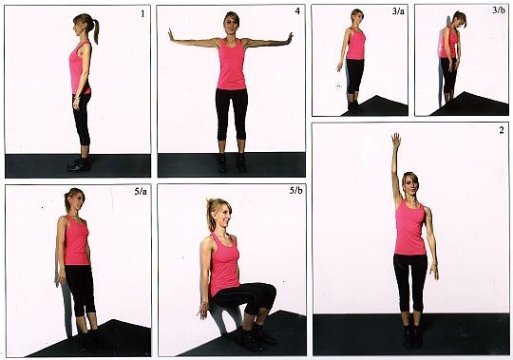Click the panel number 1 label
(x=142, y=13)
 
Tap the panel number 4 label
(x=297, y=11)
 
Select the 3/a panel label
(x=398, y=11)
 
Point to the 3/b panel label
(x=499, y=10)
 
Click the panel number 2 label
(x=502, y=130)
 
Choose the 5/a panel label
(x=141, y=191)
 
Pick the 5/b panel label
(x=295, y=190)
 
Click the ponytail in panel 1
(x=96, y=30)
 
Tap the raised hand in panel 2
(x=396, y=141)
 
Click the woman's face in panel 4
(x=231, y=25)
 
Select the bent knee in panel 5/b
(x=270, y=292)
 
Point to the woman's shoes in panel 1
(x=79, y=164)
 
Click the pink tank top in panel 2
(x=410, y=229)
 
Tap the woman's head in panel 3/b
(x=460, y=19)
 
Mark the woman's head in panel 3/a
(x=357, y=16)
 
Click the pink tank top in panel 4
(x=231, y=65)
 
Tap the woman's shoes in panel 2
(x=412, y=336)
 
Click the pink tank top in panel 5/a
(x=76, y=240)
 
